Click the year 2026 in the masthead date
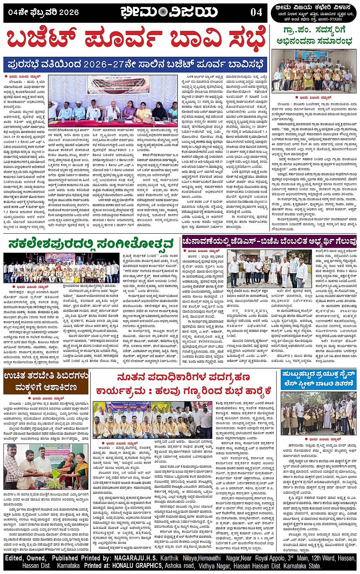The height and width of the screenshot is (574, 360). coord(69,12)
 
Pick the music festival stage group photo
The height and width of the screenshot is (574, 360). coord(61,268)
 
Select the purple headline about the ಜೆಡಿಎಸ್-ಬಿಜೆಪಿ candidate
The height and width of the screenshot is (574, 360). coord(269,241)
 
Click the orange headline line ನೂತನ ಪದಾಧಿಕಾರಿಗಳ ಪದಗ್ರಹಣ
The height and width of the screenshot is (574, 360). coord(184,377)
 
